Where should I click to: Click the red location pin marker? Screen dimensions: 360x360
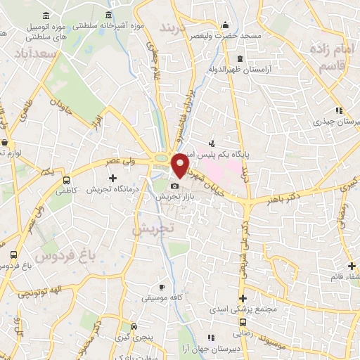(x=181, y=165)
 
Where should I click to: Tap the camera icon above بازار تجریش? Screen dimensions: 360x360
(x=174, y=186)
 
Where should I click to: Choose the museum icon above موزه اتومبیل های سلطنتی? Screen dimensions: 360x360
(x=46, y=15)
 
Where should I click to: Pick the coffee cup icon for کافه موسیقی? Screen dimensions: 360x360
(x=162, y=288)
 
